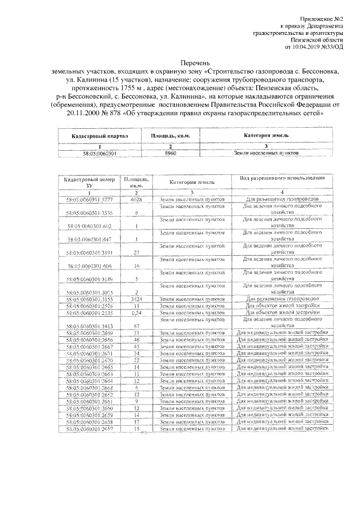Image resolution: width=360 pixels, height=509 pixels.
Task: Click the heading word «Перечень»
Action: (x=183, y=64)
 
